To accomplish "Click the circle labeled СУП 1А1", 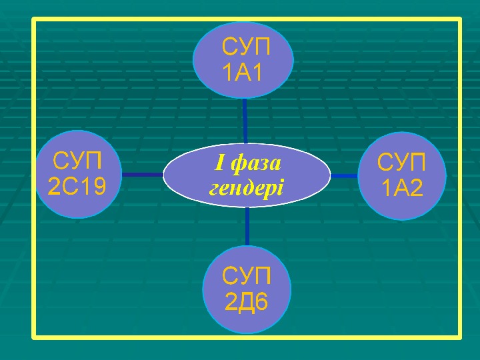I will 243,60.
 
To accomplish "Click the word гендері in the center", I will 247,186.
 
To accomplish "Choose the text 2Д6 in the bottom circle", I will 247,302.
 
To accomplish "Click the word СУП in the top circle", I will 247,48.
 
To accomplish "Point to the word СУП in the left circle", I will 78,162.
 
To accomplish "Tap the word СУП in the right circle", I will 401,163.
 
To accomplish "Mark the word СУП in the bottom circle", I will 247,277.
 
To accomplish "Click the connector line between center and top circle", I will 245,120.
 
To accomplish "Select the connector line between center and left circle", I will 143,175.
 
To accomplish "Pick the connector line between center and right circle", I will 344,176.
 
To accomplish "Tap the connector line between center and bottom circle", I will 247,227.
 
